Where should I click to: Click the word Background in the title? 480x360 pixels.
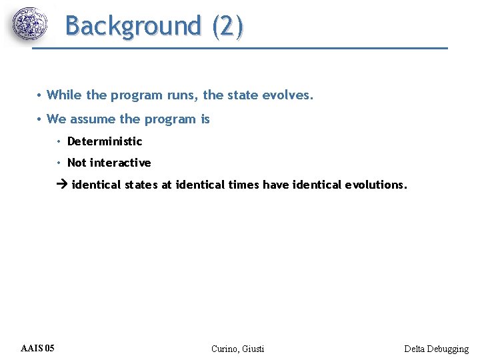[x=133, y=26]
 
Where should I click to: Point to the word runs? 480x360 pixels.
[x=181, y=95]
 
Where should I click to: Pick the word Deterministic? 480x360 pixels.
[x=105, y=141]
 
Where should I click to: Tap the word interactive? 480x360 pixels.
[x=121, y=163]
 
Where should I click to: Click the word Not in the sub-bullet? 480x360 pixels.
[x=77, y=163]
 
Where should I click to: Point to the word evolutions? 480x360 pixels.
[x=375, y=185]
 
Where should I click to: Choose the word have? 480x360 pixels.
[x=276, y=185]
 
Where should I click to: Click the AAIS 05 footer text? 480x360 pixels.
[x=38, y=348]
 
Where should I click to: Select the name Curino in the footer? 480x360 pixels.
[x=223, y=349]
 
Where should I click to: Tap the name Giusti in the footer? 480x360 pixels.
[x=253, y=349]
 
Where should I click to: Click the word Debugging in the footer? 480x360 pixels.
[x=450, y=349]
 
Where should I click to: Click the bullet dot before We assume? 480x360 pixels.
[x=40, y=119]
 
